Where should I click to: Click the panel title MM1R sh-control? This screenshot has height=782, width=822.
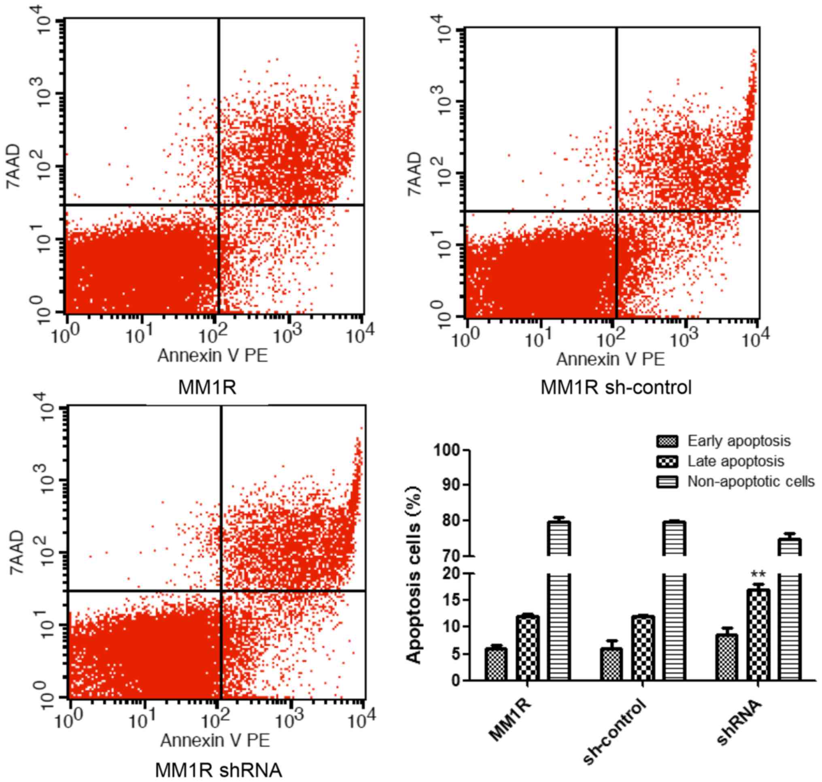tap(616, 388)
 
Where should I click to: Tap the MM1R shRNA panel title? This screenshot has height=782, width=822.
tap(219, 770)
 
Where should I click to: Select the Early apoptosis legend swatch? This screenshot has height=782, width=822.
tap(667, 441)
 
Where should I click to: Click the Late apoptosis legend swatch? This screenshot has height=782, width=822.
tap(667, 461)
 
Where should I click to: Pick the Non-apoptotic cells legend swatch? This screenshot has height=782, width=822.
tap(667, 482)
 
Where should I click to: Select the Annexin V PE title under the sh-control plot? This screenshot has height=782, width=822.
tap(610, 359)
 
